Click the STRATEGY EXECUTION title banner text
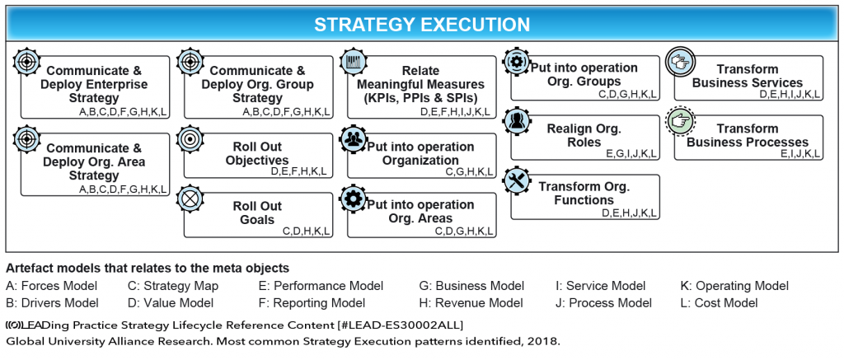pyautogui.click(x=421, y=25)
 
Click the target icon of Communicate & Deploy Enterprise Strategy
pyautogui.click(x=27, y=62)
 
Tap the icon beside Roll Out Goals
pyautogui.click(x=190, y=199)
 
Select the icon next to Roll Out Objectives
pyautogui.click(x=190, y=139)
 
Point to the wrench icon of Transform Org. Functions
pyautogui.click(x=518, y=184)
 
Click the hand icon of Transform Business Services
pyautogui.click(x=681, y=62)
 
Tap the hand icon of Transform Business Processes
pyautogui.click(x=681, y=121)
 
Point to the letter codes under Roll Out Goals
pyautogui.click(x=306, y=231)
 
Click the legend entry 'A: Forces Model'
pyautogui.click(x=51, y=286)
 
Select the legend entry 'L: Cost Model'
pyautogui.click(x=719, y=303)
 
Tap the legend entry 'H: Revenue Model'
pyautogui.click(x=471, y=303)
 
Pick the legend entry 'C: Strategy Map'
pyautogui.click(x=173, y=286)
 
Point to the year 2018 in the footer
pyautogui.click(x=543, y=340)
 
